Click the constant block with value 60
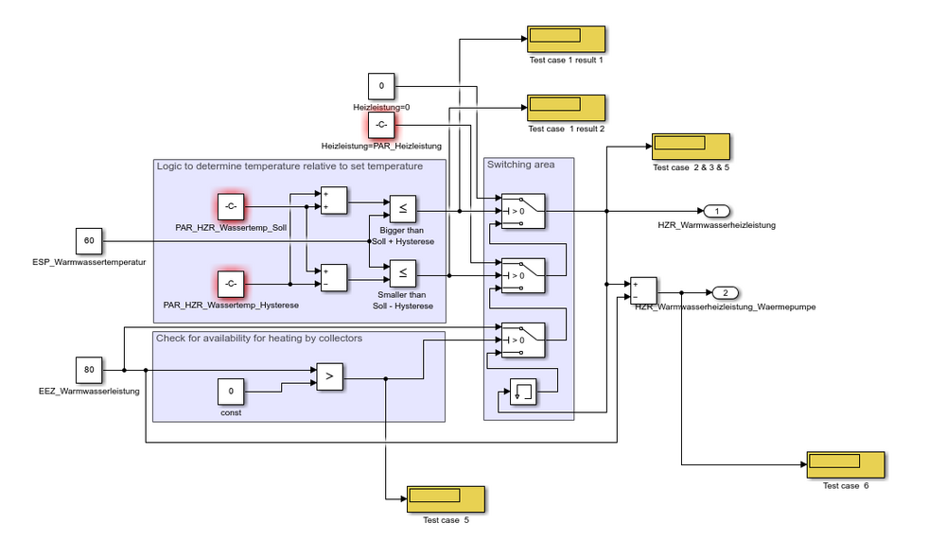coord(89,241)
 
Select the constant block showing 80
coord(89,370)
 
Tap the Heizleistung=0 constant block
coord(381,86)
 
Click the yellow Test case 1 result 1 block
coord(566,40)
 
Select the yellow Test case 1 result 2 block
coord(566,108)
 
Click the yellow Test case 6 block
coord(846,465)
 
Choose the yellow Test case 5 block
coord(446,499)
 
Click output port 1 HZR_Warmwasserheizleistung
coord(716,211)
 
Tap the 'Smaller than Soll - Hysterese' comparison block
coord(402,274)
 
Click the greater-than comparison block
coord(330,376)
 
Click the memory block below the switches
coord(523,392)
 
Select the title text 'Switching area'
coord(520,165)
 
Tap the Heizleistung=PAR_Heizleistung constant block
coord(381,125)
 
